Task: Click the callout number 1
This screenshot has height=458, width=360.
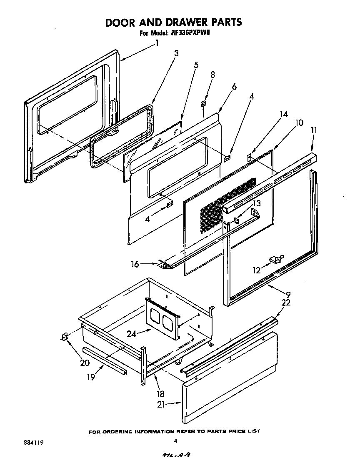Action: point(157,43)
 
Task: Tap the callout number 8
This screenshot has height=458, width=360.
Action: point(212,75)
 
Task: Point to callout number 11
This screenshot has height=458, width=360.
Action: point(314,130)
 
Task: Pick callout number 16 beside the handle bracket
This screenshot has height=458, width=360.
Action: point(135,264)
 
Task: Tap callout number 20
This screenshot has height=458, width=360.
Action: point(85,363)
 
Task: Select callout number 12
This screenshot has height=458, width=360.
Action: point(256,270)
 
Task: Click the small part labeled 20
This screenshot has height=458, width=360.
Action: point(65,336)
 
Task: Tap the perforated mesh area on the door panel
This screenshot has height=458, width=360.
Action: point(227,204)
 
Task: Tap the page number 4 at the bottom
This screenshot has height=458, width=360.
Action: point(175,441)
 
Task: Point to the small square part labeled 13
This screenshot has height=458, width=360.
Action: point(236,220)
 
